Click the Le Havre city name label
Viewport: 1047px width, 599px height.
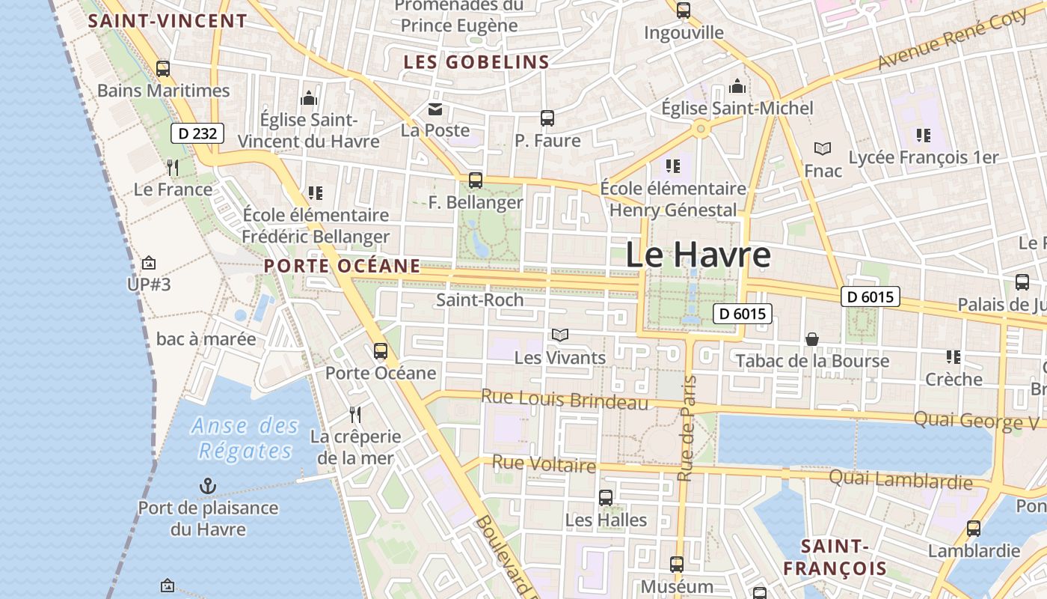coord(697,255)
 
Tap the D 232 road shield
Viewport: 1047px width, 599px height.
coord(197,134)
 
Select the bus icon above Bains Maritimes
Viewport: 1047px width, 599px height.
coord(163,69)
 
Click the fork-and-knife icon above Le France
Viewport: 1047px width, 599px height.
coord(173,167)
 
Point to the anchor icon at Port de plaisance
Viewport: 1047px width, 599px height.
coord(207,487)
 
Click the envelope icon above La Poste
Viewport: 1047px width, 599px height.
coord(435,109)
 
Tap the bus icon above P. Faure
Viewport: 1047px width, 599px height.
coord(547,118)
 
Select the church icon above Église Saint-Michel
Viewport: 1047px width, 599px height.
coord(737,86)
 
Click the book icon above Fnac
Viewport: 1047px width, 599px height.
coord(823,149)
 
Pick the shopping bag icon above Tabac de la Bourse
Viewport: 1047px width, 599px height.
coord(812,339)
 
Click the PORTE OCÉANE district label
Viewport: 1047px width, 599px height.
coord(342,266)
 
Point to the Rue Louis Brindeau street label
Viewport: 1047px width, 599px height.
coord(565,399)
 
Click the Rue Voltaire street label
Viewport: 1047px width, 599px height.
coord(544,465)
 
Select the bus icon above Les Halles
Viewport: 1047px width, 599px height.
coord(606,497)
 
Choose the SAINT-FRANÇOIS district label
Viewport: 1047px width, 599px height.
coord(835,557)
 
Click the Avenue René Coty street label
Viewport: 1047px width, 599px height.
coord(953,41)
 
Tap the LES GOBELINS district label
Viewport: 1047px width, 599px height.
coord(476,62)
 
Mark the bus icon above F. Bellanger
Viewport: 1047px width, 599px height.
coord(476,180)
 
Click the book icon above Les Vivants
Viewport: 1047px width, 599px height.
coord(560,335)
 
